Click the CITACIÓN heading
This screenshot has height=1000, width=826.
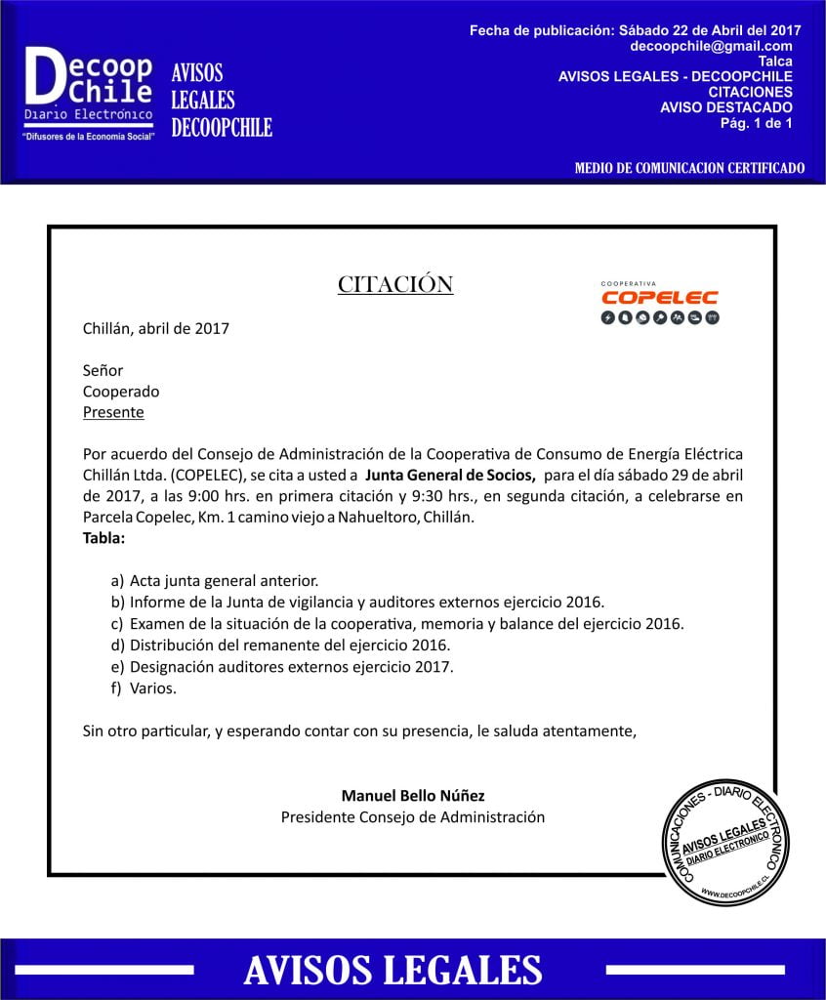coord(395,284)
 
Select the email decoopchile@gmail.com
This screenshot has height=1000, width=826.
coord(711,46)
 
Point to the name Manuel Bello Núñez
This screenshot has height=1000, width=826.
coord(413,795)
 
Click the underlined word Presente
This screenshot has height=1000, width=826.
coord(113,412)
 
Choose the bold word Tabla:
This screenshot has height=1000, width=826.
coord(103,537)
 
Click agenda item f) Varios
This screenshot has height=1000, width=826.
coord(151,688)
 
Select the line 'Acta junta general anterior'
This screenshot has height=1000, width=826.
coord(223,580)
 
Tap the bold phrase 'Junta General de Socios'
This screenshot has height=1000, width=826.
coord(450,477)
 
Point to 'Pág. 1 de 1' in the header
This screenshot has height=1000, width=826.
coord(756,123)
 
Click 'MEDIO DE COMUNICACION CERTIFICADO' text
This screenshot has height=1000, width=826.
coord(689,168)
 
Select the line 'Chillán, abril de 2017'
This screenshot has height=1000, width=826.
coord(156,328)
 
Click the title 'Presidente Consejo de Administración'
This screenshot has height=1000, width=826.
coord(413,816)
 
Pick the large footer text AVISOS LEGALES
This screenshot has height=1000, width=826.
coord(392,970)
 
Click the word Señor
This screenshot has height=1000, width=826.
coord(103,370)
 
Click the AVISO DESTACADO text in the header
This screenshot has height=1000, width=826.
coord(725,107)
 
